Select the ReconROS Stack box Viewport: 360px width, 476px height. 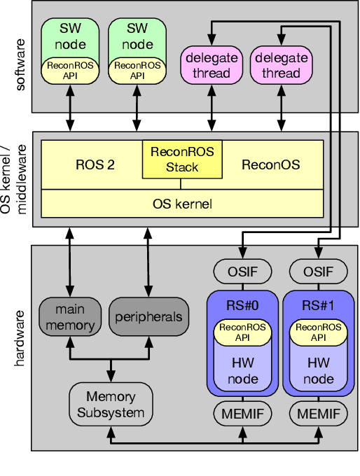coord(182,159)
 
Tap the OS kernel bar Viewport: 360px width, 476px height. coord(182,204)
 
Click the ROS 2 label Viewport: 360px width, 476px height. coord(95,165)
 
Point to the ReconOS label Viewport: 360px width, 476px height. coord(270,165)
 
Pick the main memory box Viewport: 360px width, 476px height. coord(70,316)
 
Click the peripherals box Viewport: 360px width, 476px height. coord(148,316)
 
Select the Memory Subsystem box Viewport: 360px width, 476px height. coord(111,404)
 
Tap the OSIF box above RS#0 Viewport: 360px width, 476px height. coord(242,271)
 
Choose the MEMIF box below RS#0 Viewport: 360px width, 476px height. coord(242,414)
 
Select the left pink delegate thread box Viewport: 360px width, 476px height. coord(212,65)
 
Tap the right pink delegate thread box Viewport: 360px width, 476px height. coord(282,65)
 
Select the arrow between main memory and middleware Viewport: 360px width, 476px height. coord(70,261)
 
